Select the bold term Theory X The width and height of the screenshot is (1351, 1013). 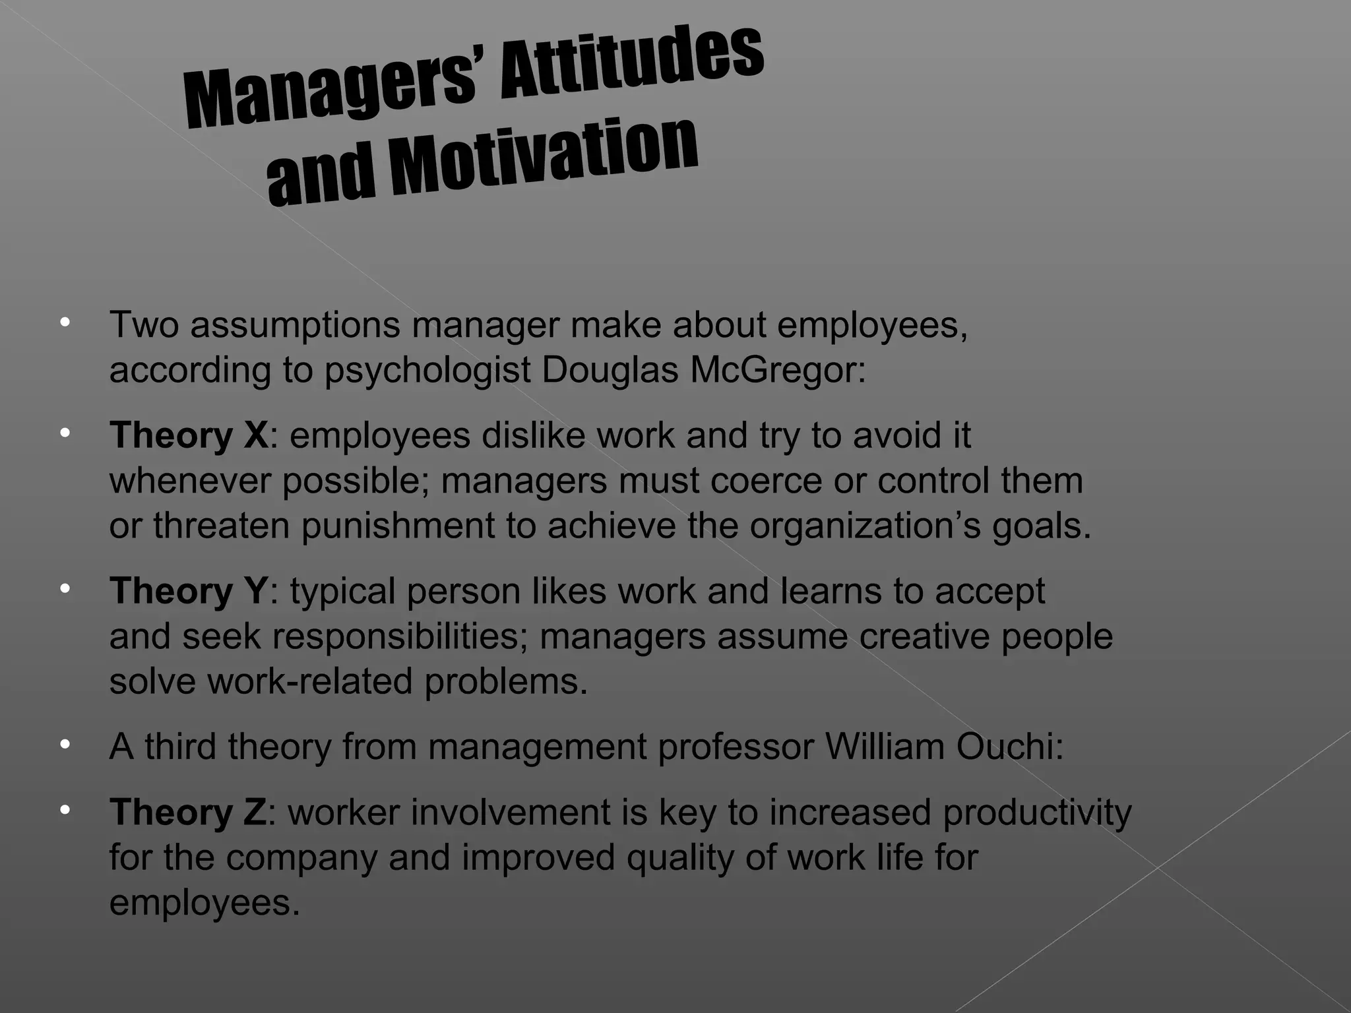coord(189,436)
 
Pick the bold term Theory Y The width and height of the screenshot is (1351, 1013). coord(189,591)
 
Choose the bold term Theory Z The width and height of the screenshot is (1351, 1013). coord(189,812)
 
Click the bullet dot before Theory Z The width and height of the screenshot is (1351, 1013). coord(64,809)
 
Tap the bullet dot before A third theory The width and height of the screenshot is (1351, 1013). coord(64,745)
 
